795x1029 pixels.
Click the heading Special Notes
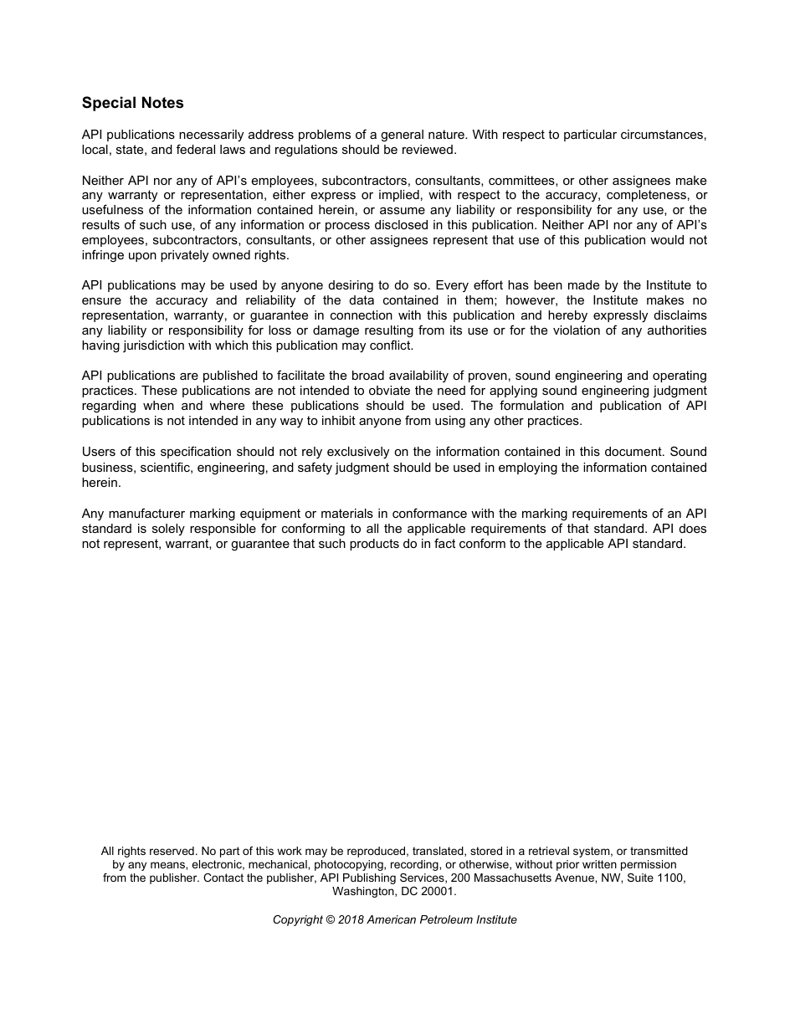tap(132, 103)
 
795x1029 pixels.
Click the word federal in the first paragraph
tap(195, 150)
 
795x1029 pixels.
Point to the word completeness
tap(629, 196)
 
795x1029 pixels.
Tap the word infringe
tap(104, 256)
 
